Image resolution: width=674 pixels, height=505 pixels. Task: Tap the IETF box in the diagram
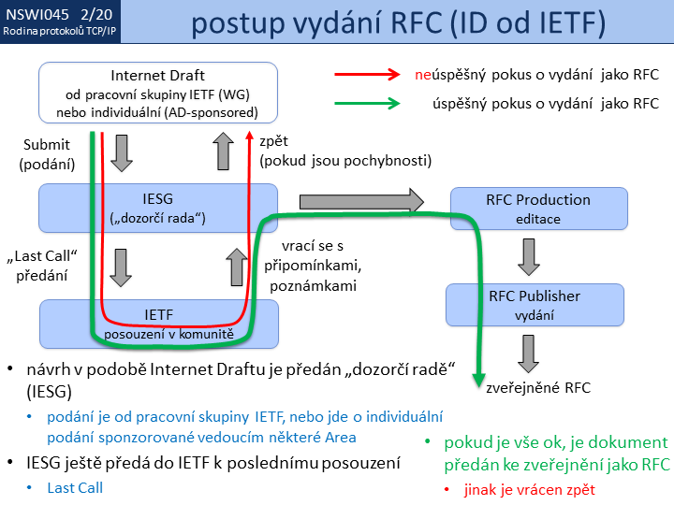click(157, 320)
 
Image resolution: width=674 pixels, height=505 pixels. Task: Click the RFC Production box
click(524, 208)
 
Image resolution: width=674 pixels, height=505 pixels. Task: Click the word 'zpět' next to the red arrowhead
click(273, 141)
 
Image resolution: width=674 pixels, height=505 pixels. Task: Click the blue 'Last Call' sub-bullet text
click(76, 486)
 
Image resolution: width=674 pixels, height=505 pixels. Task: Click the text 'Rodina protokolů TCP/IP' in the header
click(60, 33)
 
